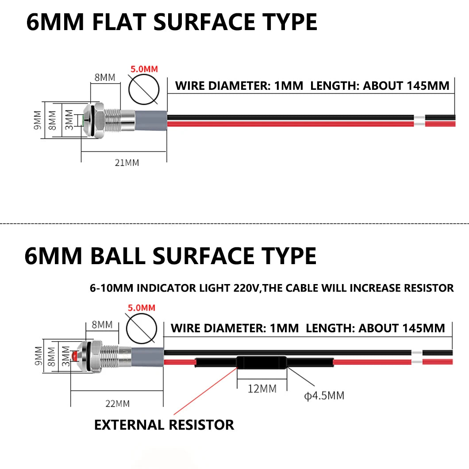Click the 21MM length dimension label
point(127,163)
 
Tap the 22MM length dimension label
point(118,404)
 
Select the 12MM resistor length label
point(262,389)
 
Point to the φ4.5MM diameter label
point(324,396)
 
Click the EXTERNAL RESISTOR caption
point(164,425)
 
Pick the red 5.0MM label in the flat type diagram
point(144,69)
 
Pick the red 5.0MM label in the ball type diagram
point(142,308)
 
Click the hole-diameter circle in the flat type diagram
point(129,89)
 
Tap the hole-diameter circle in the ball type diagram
point(127,328)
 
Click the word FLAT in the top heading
point(119,22)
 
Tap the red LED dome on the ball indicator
point(74,356)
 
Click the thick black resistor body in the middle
point(262,362)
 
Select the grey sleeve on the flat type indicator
point(151,120)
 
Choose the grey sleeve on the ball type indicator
point(148,357)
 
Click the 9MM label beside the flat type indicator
point(38,120)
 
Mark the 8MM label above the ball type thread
point(102,324)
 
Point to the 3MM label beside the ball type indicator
point(65,356)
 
